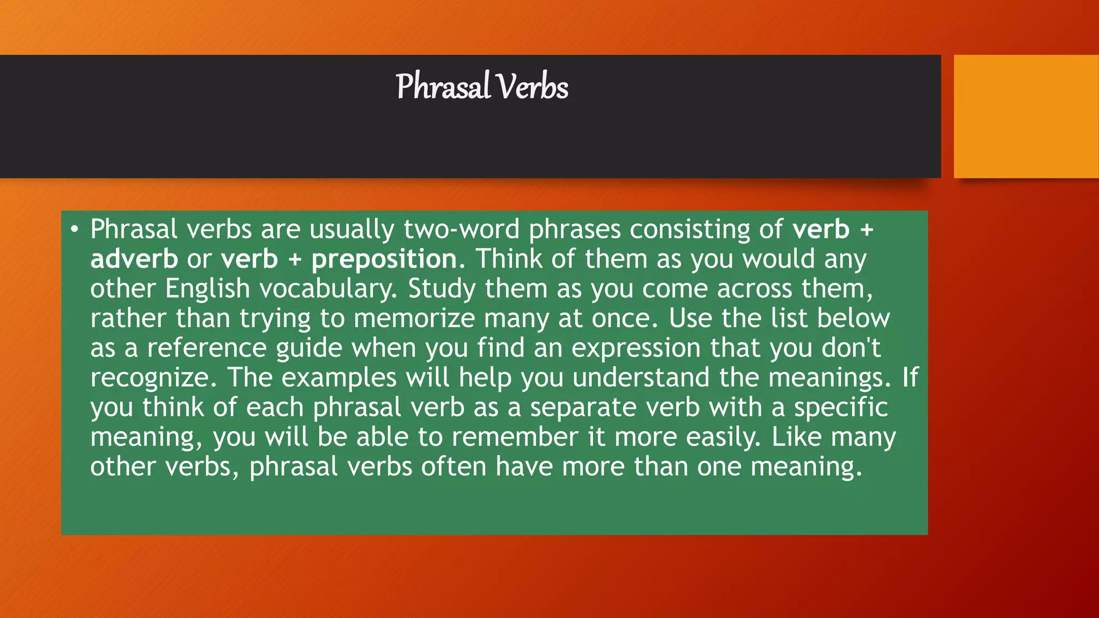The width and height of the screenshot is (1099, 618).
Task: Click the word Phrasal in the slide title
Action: tap(443, 87)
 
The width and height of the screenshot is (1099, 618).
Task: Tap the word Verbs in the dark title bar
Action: tap(532, 87)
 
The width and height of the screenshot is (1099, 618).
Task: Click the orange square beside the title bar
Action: tap(1026, 116)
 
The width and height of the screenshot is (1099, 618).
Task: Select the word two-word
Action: tap(461, 230)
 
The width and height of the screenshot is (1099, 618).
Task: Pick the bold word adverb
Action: tap(134, 259)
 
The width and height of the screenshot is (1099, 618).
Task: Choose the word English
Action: tap(208, 289)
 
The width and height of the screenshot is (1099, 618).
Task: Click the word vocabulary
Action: tap(328, 289)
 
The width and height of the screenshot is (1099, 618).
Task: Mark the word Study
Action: tap(442, 289)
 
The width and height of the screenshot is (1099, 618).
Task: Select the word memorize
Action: tap(414, 319)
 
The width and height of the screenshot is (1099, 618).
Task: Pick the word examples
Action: tap(339, 378)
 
